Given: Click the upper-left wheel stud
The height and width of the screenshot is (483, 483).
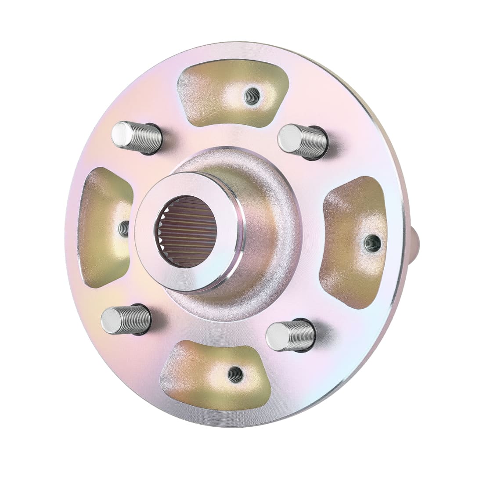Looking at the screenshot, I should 136,137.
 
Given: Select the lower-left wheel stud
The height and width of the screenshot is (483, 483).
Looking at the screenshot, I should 126,320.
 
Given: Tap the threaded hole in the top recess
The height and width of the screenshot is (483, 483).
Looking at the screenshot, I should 252,96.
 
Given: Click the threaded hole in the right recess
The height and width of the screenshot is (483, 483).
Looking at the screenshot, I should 373,243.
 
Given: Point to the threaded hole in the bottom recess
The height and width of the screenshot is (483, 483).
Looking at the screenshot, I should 236,374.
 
